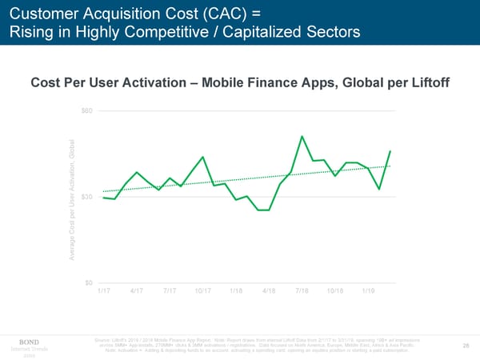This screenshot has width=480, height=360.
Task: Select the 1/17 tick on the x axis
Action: point(104,291)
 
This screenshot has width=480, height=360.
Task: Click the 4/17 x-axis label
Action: point(137,291)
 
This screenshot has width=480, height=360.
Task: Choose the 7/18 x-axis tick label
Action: point(302,291)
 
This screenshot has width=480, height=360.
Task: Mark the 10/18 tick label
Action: point(334,291)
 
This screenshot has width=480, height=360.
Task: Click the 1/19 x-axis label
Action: point(368,291)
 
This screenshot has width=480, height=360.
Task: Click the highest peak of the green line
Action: point(302,137)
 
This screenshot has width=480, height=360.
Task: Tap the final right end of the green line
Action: point(390,151)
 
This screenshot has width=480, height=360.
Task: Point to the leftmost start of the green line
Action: point(104,198)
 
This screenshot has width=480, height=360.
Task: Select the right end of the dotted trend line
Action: point(390,166)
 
